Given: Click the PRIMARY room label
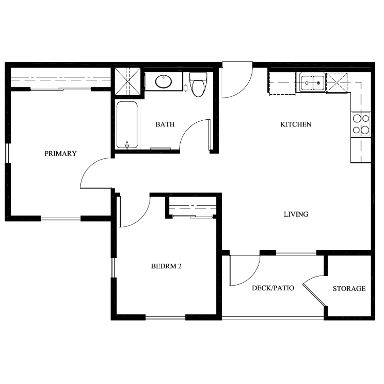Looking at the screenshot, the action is [x=60, y=154].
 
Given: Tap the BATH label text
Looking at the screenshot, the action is [x=165, y=124].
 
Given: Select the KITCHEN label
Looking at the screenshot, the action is [x=296, y=124].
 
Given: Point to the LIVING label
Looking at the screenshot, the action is [x=296, y=215].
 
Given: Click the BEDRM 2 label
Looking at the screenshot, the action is [x=166, y=266].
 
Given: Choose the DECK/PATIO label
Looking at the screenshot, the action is [x=273, y=288].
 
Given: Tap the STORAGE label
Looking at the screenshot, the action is [x=349, y=288].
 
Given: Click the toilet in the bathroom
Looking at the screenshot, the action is [x=198, y=84].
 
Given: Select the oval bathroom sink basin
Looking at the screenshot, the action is [x=163, y=82].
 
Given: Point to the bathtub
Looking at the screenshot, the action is [x=127, y=125].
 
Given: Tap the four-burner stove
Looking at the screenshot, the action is [x=361, y=124].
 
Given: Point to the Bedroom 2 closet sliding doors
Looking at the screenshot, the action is [x=193, y=217].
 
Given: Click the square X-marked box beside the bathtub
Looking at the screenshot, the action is [x=127, y=81].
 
